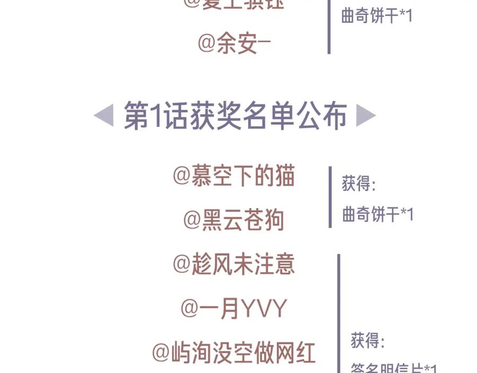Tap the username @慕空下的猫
coord(234,176)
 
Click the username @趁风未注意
coord(234,264)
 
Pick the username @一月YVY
coord(234,308)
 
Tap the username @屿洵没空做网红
coord(234,352)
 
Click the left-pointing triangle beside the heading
coord(103,115)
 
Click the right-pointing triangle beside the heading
coord(366,115)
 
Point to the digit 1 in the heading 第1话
coord(155,116)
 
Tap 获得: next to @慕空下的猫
coord(359,185)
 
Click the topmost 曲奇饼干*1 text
coord(377,16)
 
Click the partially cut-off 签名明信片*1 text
coord(394,368)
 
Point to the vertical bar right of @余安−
coord(329,27)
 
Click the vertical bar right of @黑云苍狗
coord(330,197)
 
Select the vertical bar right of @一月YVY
coord(339,313)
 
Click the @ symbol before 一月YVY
coord(189,308)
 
